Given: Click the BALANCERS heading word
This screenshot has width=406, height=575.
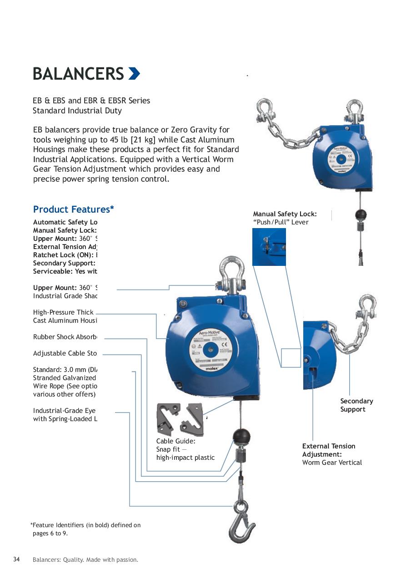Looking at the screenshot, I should click(x=78, y=74).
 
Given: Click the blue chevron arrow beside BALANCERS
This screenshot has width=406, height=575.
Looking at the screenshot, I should click(x=134, y=73).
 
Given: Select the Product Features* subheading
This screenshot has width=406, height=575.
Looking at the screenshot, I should click(x=73, y=209).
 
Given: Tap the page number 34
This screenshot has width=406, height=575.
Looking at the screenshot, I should click(x=16, y=560).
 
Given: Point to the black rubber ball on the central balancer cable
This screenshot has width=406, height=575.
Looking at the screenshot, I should click(x=241, y=437).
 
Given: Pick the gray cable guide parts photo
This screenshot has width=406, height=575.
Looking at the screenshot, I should click(x=180, y=419).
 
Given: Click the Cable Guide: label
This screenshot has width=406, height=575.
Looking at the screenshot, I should click(x=175, y=441).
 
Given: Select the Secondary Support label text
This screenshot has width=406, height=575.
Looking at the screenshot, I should click(x=356, y=405).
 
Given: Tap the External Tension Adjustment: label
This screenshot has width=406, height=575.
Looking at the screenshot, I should click(x=329, y=450).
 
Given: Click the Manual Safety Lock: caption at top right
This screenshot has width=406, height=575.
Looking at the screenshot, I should click(x=285, y=214).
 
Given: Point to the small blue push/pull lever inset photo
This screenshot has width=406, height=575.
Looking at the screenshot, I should click(x=269, y=247).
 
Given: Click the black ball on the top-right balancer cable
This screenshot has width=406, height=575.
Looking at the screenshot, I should click(x=360, y=214).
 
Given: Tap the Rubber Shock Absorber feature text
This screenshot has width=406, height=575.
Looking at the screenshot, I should click(x=65, y=337).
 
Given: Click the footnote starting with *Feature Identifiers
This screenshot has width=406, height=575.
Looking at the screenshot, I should click(x=85, y=529).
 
